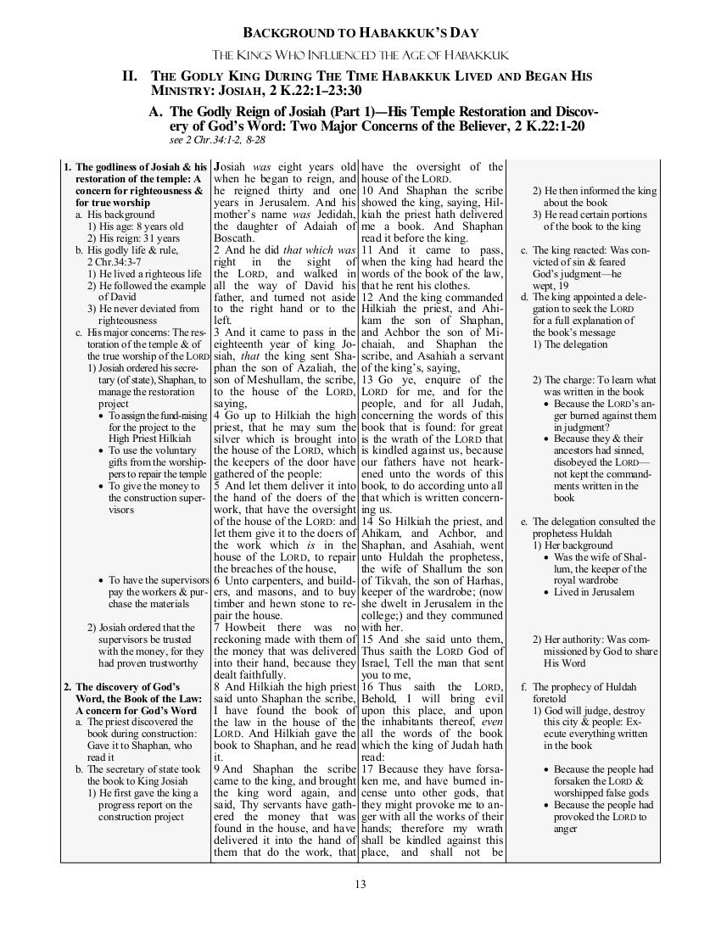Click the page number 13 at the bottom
pyautogui.click(x=360, y=886)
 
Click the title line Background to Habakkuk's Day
pyautogui.click(x=361, y=33)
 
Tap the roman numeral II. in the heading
pyautogui.click(x=131, y=76)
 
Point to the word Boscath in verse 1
pyautogui.click(x=234, y=240)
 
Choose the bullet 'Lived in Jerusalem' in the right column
pyautogui.click(x=593, y=592)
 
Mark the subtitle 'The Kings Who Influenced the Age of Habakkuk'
pyautogui.click(x=361, y=55)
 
